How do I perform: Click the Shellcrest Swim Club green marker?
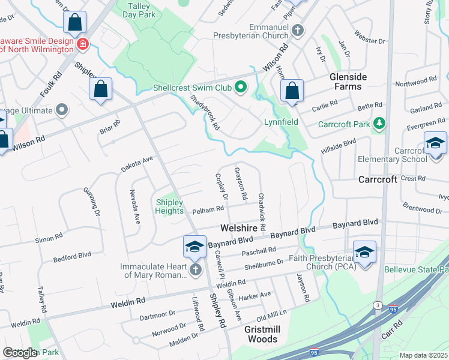tap(241, 88)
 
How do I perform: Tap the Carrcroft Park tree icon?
tap(379, 124)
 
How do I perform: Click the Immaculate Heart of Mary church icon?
tap(194, 271)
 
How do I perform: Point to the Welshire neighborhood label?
tap(243, 228)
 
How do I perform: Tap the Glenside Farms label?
tap(345, 82)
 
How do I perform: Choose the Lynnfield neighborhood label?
tap(281, 121)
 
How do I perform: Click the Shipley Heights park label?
tap(169, 206)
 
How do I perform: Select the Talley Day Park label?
tap(140, 10)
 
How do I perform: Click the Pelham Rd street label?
tap(208, 210)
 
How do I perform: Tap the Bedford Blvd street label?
tap(72, 256)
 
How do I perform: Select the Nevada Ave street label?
tap(135, 206)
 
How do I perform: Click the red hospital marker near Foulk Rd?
tap(82, 44)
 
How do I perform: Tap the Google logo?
tap(20, 352)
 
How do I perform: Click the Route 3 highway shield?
tap(378, 305)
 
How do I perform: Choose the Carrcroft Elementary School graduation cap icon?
tap(435, 143)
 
